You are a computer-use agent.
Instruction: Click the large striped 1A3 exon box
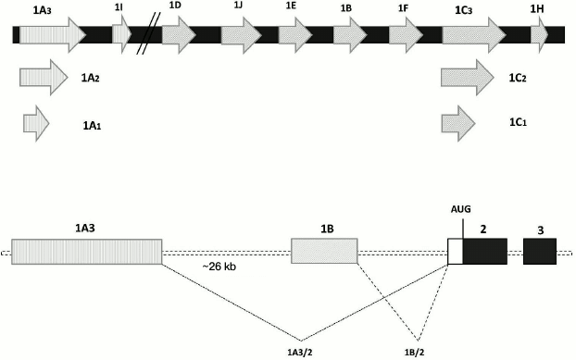tap(86, 252)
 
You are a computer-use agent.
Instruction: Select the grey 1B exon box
tap(324, 252)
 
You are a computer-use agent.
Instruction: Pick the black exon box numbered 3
tap(539, 252)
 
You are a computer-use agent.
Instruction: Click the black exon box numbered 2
tap(484, 252)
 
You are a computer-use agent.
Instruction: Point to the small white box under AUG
tap(455, 252)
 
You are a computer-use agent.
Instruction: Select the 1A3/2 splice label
tap(300, 351)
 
